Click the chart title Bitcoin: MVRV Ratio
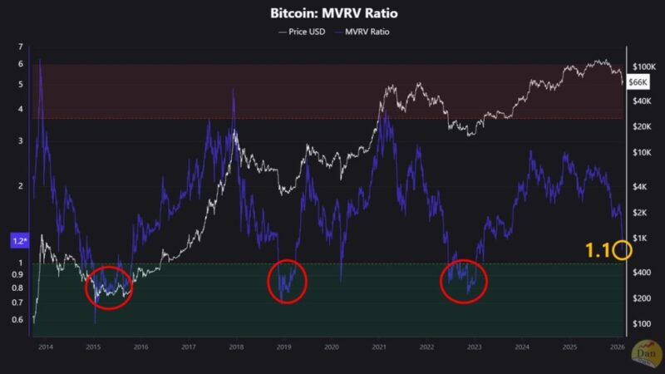coord(332,14)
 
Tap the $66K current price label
coord(638,81)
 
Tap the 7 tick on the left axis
coord(20,63)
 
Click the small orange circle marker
coord(624,249)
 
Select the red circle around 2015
coord(109,288)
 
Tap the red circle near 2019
coord(287,283)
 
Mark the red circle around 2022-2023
coord(463,281)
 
